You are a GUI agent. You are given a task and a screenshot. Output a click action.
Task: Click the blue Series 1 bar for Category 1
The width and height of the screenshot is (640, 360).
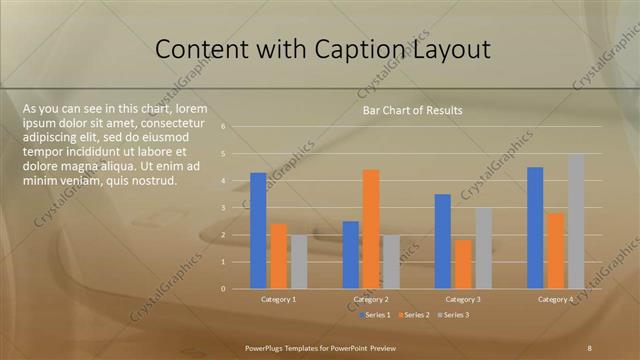[258, 231]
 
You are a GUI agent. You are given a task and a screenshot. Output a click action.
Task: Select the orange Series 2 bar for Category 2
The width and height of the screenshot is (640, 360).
[371, 229]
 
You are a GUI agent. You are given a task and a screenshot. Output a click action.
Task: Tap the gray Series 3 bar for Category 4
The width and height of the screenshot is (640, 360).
[576, 221]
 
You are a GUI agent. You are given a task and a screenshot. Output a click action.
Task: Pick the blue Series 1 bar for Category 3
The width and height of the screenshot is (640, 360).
[443, 241]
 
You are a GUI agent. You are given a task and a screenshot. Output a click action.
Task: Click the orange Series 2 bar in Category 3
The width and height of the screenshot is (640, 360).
[463, 264]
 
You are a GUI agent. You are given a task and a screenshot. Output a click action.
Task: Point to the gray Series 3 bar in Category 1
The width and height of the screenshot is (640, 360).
[299, 262]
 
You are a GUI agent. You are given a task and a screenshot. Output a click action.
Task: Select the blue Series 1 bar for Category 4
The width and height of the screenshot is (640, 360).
[535, 228]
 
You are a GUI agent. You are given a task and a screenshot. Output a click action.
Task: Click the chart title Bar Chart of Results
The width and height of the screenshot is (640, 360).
[412, 111]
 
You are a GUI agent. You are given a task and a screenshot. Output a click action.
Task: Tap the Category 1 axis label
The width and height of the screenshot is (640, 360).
[279, 299]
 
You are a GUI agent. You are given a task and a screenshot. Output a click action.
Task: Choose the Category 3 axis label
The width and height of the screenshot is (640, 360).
[463, 299]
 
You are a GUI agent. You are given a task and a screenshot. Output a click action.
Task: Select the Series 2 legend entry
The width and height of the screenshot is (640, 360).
[415, 315]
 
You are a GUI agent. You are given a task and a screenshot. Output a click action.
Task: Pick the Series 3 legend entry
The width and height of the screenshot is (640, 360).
[454, 315]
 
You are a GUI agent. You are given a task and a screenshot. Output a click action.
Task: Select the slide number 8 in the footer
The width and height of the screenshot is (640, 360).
[589, 347]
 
